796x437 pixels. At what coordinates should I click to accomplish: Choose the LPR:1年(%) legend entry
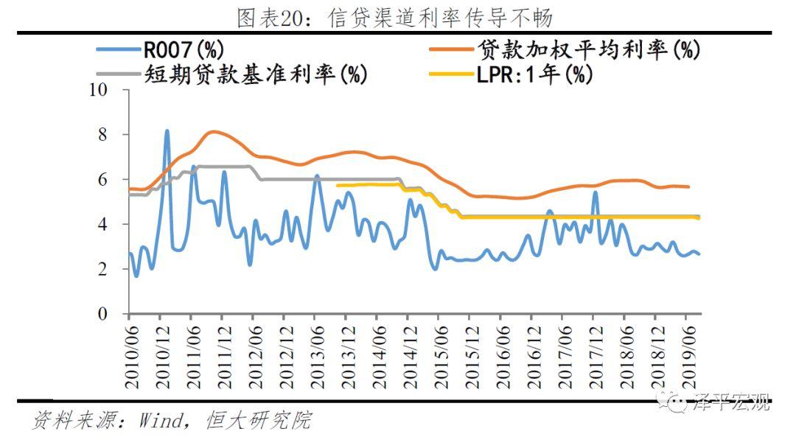coord(534,74)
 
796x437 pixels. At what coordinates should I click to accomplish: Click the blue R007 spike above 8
coord(167,131)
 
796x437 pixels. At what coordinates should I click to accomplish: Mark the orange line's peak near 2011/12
coord(214,132)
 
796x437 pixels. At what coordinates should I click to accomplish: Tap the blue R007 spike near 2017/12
coord(596,192)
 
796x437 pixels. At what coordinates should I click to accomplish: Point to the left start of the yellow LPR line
coord(338,185)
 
